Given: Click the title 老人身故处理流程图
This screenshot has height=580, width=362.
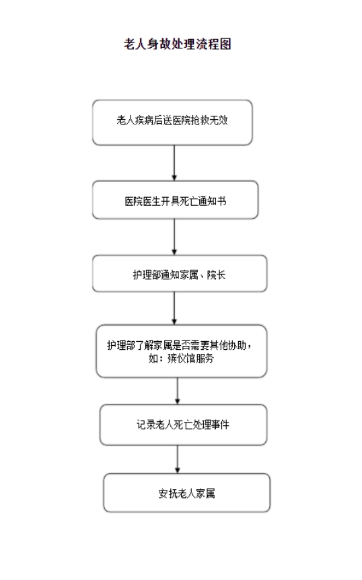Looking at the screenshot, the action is (177, 44).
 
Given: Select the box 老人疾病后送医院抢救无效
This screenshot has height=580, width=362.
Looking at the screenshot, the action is (172, 122).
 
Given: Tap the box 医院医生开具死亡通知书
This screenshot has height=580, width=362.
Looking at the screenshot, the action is (175, 200).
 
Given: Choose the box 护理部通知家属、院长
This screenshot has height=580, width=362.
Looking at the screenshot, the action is (180, 273).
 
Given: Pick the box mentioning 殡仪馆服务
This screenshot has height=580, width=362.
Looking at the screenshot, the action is (182, 351).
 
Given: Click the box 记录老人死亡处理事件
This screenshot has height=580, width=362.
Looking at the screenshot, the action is (184, 425).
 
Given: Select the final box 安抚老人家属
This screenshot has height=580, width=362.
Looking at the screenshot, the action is (187, 493).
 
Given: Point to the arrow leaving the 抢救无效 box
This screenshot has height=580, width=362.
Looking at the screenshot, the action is (174, 163).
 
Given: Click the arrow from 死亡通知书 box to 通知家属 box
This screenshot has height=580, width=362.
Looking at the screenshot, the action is (174, 237).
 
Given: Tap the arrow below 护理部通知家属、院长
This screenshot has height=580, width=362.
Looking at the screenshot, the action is (174, 308).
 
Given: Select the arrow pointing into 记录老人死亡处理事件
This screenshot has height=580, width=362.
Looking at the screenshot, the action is (178, 391).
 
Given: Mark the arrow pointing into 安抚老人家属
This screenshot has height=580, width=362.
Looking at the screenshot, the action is (178, 459).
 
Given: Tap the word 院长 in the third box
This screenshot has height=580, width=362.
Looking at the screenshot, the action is (216, 275).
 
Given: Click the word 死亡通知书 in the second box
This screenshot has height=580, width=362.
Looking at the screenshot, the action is (203, 201).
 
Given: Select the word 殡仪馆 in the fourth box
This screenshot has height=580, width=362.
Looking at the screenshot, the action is (182, 358).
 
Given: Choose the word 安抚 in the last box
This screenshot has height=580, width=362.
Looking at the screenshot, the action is (168, 493).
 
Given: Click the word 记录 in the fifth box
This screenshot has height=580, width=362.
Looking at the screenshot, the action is (146, 425).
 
